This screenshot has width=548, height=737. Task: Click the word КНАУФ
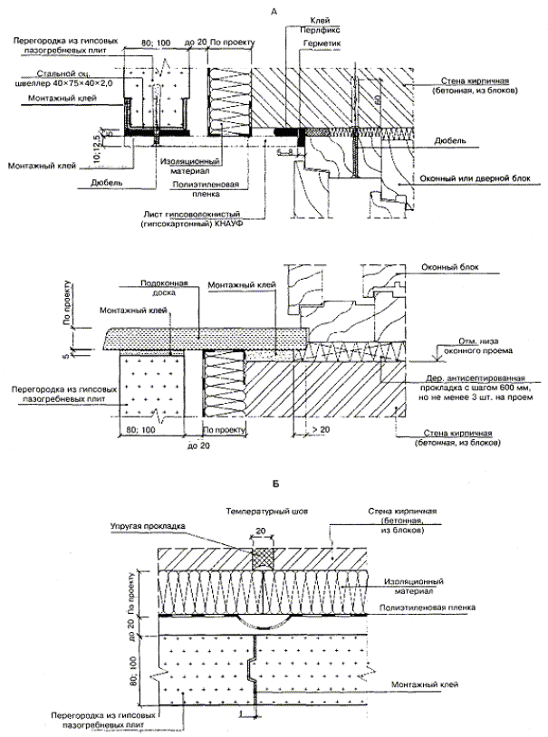230,222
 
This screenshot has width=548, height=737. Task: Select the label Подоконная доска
163,289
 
